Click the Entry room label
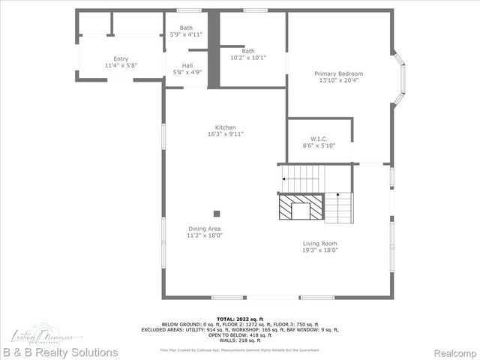coord(121,58)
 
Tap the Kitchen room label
coord(226,127)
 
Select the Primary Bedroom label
coord(338,73)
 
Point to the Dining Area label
coord(205,229)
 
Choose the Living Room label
coord(320,243)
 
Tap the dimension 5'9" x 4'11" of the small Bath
coord(187,34)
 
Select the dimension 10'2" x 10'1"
coord(248,57)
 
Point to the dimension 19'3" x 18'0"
coord(320,250)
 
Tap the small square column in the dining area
coord(217,213)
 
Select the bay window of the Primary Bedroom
coord(400,76)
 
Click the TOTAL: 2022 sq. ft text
coord(239,319)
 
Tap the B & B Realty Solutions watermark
coord(59,352)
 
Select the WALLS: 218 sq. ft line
coord(239,341)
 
